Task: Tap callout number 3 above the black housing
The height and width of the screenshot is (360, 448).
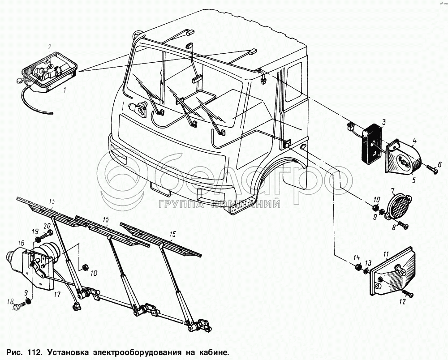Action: [x=384, y=122]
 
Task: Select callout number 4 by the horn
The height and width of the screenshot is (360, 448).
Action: [x=414, y=141]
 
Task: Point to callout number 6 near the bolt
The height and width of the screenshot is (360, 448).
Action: [x=439, y=164]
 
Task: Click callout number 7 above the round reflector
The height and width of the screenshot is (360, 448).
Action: [x=392, y=191]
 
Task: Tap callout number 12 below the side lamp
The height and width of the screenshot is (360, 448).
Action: [x=401, y=302]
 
